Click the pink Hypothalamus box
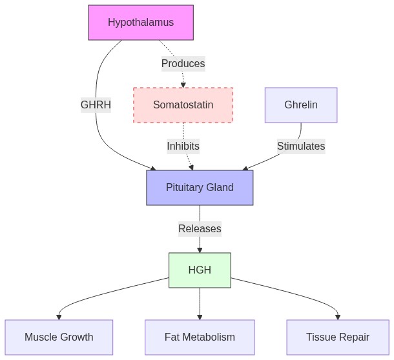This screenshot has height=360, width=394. click(x=141, y=23)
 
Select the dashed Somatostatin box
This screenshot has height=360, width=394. click(x=183, y=105)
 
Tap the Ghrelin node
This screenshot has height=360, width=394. click(x=301, y=105)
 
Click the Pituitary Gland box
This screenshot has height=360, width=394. click(x=200, y=188)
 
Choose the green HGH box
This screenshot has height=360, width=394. click(x=200, y=270)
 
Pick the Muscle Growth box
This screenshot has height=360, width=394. click(x=59, y=337)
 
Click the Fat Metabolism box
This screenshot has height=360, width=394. click(x=200, y=337)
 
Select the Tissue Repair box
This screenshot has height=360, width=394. click(x=338, y=337)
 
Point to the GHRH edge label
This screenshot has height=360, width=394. click(x=96, y=105)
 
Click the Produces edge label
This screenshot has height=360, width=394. click(x=183, y=63)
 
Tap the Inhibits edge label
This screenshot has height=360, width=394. click(x=183, y=146)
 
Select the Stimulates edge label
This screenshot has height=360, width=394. click(x=301, y=146)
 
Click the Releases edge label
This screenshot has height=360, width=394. click(x=200, y=228)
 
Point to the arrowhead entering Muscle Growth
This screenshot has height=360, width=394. click(x=59, y=317)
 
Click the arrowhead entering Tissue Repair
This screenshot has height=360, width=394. click(x=338, y=317)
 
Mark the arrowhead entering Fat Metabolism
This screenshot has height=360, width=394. click(x=200, y=317)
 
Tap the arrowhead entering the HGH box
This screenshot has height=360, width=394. click(x=200, y=250)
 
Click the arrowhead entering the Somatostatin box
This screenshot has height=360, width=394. click(x=183, y=85)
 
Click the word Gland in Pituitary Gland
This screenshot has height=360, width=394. click(x=219, y=188)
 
